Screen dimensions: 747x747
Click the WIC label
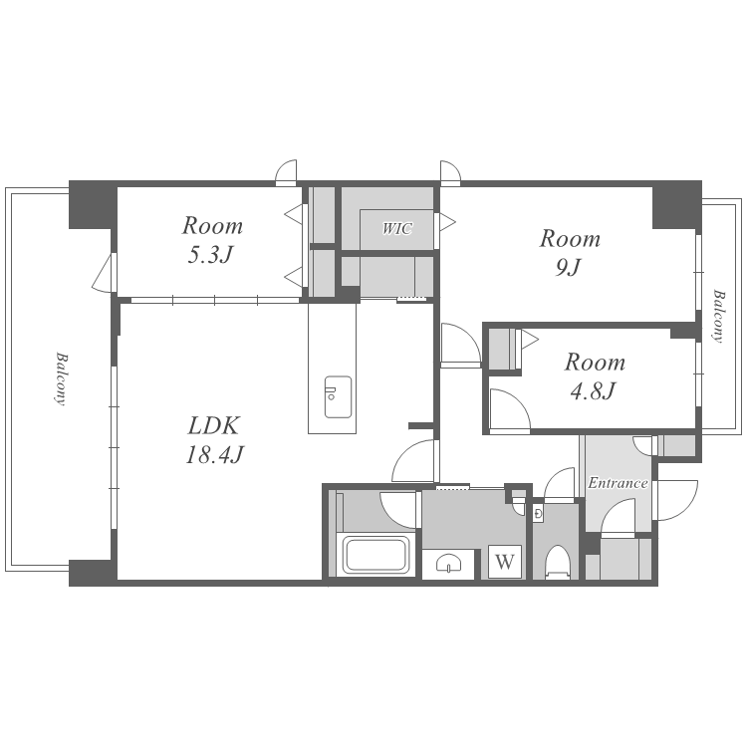(396, 229)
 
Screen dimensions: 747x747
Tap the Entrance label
(618, 483)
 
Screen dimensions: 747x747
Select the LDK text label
(213, 425)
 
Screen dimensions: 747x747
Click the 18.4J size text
(214, 454)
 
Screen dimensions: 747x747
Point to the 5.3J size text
(209, 255)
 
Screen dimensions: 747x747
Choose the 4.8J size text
(593, 390)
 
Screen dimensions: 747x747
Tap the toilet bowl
(557, 561)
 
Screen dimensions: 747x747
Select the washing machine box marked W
(505, 562)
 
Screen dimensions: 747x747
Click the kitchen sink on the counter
(339, 396)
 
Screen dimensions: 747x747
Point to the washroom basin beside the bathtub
(448, 564)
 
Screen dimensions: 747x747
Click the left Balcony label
(61, 378)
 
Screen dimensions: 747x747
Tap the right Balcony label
(718, 316)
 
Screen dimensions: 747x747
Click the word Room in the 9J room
(570, 238)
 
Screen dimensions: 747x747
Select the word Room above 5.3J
(212, 225)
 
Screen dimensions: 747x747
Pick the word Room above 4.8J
(595, 363)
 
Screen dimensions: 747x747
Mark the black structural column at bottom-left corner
(93, 572)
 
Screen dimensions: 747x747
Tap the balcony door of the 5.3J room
(105, 272)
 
